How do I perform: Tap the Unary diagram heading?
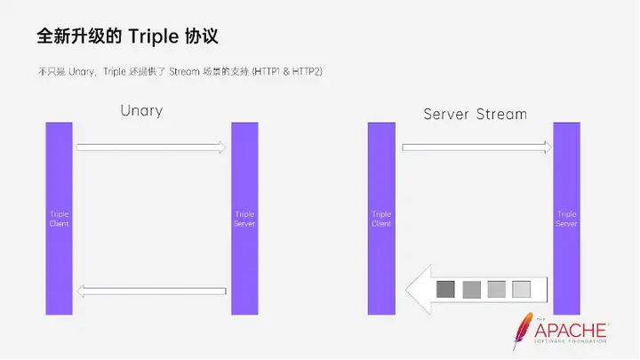[141, 112]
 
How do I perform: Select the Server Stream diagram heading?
[475, 114]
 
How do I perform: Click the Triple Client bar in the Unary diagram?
[59, 218]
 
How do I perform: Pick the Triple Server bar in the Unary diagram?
[244, 218]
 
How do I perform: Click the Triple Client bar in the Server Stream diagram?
[381, 218]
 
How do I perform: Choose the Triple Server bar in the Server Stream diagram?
[566, 218]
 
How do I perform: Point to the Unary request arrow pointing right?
[151, 146]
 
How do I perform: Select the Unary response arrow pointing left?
[151, 291]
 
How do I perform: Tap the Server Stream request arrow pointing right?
[476, 147]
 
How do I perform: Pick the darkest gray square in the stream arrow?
[445, 289]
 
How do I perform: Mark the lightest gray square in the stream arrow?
[522, 289]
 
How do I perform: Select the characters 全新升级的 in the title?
[78, 37]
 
